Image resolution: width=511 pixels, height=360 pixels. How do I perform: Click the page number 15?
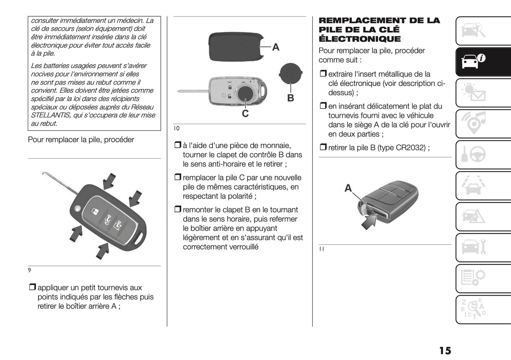(x=445, y=350)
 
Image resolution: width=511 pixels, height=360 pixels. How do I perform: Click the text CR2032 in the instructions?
(x=411, y=147)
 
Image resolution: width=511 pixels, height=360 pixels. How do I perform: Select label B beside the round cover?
(x=290, y=98)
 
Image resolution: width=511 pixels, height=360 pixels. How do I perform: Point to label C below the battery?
(x=245, y=114)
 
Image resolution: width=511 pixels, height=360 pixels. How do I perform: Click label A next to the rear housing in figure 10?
(x=275, y=47)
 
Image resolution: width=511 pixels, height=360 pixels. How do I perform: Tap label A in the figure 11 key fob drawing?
(x=348, y=188)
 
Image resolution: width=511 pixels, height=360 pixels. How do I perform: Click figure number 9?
(x=29, y=270)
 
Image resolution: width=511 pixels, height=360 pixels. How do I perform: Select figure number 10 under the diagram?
(x=176, y=128)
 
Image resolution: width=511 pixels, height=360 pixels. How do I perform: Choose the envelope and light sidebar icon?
(x=473, y=93)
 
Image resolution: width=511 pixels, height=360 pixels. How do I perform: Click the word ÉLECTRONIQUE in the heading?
(x=360, y=39)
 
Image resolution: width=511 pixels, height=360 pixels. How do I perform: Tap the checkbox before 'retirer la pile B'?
(x=323, y=147)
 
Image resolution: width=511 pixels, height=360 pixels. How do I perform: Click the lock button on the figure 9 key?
(x=95, y=211)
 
